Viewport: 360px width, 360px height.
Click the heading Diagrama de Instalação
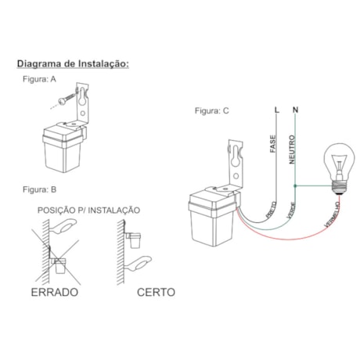pyautogui.click(x=73, y=63)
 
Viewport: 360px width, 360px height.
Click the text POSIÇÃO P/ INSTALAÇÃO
pyautogui.click(x=88, y=211)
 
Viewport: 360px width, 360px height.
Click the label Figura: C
pyautogui.click(x=212, y=110)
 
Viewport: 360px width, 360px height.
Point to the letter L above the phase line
pyautogui.click(x=275, y=110)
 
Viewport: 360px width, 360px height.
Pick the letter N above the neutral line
pyautogui.click(x=294, y=110)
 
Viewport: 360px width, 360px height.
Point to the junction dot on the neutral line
pyautogui.click(x=294, y=186)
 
